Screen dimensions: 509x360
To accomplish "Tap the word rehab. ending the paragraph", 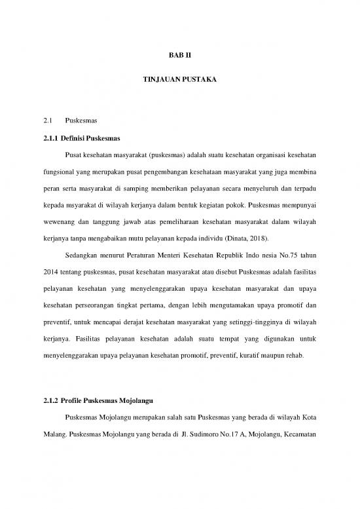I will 299,357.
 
